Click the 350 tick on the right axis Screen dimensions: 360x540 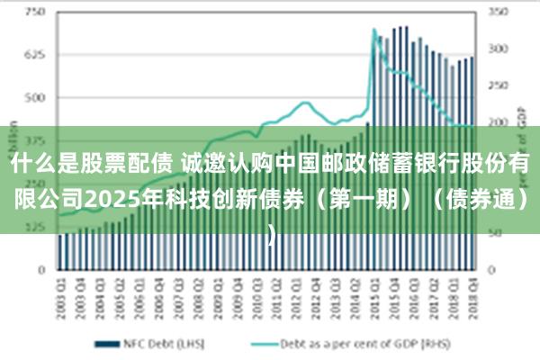(x=499, y=12)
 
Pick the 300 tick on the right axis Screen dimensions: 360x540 (x=499, y=49)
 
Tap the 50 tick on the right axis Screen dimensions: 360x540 (x=496, y=233)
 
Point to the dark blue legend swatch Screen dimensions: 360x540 (x=108, y=343)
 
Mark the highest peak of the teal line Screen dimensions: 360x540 (x=374, y=30)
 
